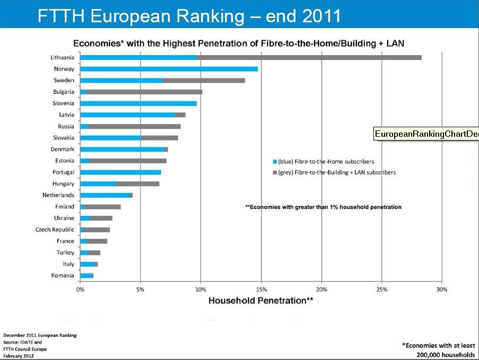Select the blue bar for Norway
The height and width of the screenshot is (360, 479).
(169, 69)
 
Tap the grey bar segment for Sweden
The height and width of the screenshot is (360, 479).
(204, 81)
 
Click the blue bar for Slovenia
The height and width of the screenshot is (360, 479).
(138, 103)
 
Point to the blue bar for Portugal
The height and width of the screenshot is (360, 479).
(120, 172)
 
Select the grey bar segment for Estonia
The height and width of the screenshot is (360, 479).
(128, 161)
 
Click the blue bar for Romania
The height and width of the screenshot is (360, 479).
(86, 276)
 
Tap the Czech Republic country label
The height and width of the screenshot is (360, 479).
(55, 230)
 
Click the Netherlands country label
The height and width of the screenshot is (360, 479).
(58, 195)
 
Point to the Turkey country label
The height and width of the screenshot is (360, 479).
(65, 252)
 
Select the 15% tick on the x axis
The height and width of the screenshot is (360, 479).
(261, 289)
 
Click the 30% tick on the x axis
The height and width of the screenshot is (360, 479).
(442, 289)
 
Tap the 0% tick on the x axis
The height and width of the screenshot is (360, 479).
(80, 289)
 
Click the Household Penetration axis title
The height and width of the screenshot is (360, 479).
(260, 301)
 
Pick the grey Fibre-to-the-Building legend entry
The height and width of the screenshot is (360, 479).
(334, 172)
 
